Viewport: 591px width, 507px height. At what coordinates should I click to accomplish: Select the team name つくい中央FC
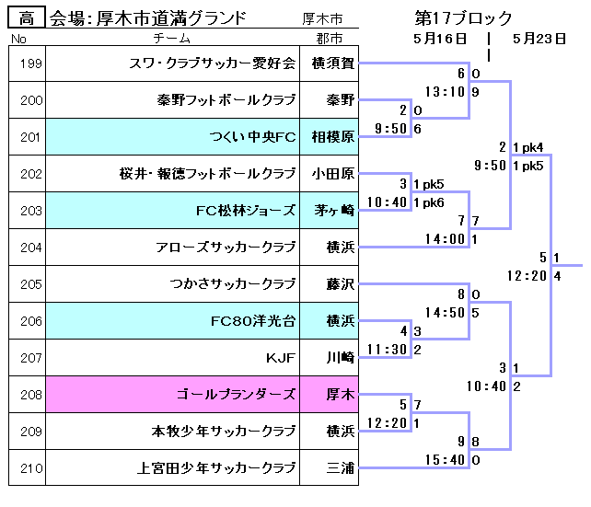point(252,137)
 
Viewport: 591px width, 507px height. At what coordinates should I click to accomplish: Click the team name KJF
point(281,357)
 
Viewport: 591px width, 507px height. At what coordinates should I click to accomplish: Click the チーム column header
point(172,39)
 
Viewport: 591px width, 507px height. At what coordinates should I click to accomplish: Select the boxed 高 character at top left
point(27,17)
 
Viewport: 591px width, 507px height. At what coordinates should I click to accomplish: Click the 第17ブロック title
point(464,17)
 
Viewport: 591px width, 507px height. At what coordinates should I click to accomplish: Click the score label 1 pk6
point(429,202)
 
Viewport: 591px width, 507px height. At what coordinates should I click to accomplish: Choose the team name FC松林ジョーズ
point(246,211)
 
